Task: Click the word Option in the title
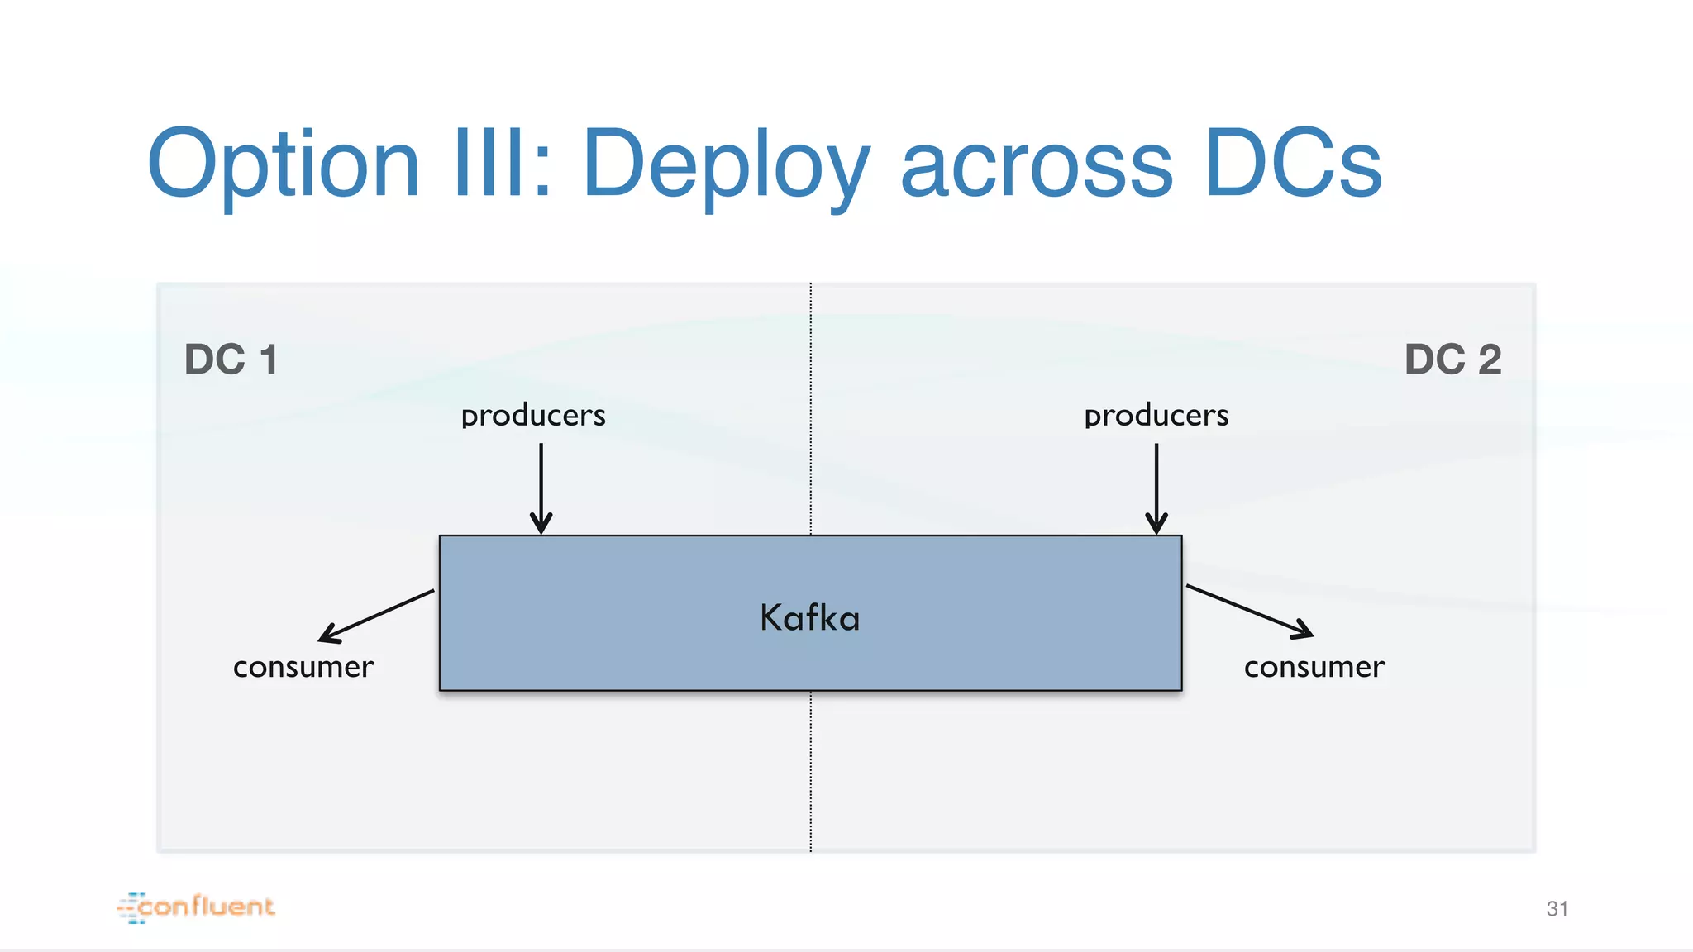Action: tap(284, 165)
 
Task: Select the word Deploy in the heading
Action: tap(725, 165)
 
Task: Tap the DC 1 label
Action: tap(231, 359)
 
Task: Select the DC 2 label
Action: tap(1452, 359)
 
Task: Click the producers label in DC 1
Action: tap(533, 416)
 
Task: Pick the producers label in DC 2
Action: tap(1156, 416)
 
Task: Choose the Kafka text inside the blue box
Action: tap(810, 618)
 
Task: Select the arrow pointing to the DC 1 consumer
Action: tap(376, 616)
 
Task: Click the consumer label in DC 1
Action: tap(303, 667)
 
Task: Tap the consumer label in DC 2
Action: tap(1314, 667)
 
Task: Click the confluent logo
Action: tap(197, 907)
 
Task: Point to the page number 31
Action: tap(1557, 909)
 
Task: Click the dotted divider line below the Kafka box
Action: tap(811, 769)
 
